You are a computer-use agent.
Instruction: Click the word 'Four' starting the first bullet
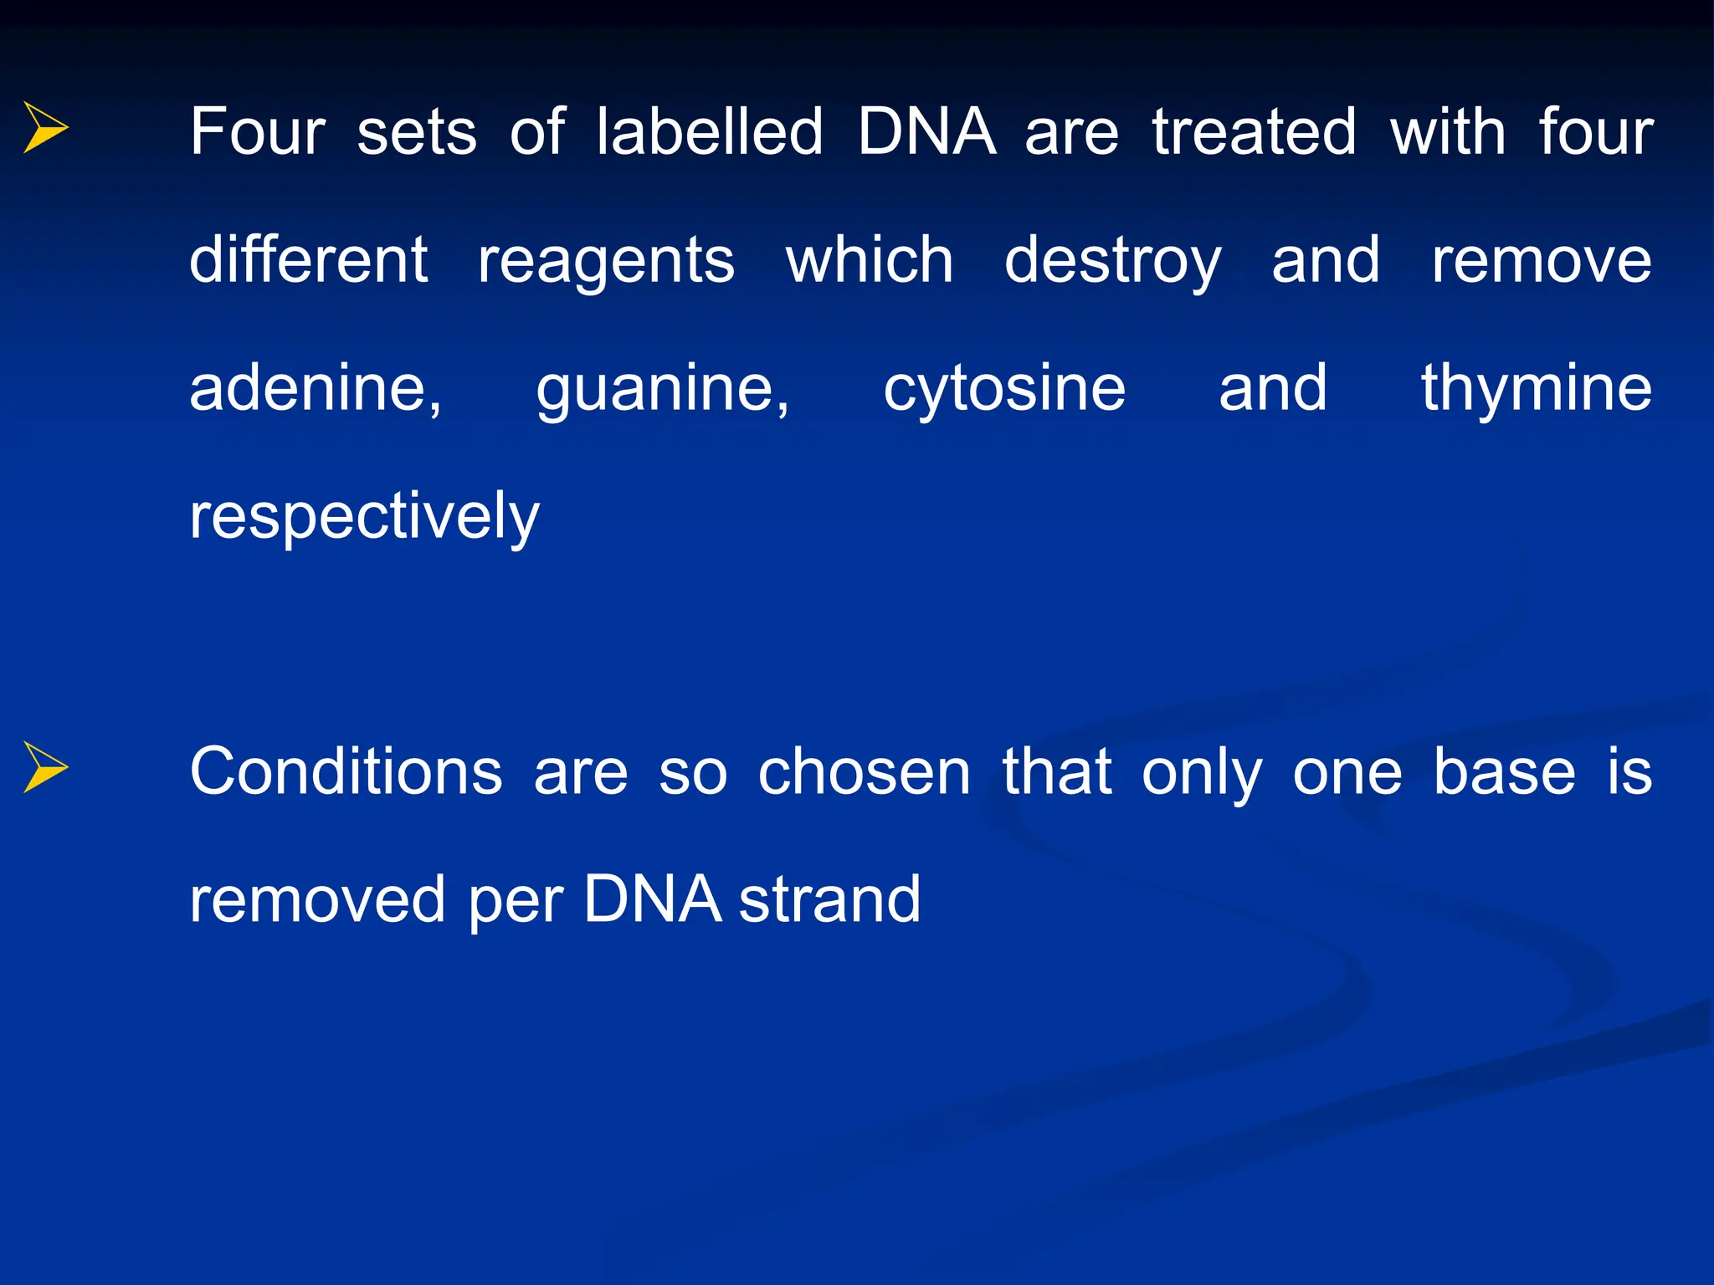257,132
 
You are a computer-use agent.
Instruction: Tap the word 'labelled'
710,132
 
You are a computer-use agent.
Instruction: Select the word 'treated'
1254,132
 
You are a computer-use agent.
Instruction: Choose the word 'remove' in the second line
1541,261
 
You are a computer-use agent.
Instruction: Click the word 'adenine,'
316,389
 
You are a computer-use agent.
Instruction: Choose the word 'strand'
829,900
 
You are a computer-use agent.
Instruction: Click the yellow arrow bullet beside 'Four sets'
45,128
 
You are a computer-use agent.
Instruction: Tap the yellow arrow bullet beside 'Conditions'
45,767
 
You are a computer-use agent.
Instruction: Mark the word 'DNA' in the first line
926,132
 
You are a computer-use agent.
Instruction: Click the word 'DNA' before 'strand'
652,900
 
